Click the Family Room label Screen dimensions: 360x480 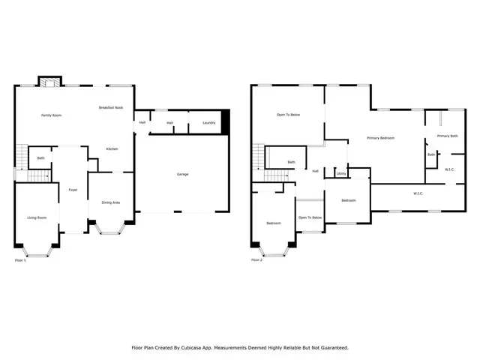click(51, 115)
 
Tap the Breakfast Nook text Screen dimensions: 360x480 click(110, 108)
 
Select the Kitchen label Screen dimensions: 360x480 click(112, 148)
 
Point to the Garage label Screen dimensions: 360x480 click(182, 174)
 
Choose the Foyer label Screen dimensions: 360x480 click(73, 190)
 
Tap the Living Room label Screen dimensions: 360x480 click(37, 217)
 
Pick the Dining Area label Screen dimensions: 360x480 click(111, 202)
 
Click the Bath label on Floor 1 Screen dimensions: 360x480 click(40, 158)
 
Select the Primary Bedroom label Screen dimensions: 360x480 click(380, 138)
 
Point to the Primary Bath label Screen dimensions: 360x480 click(448, 136)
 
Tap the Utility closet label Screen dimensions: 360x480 click(340, 173)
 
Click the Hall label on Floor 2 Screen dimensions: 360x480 click(316, 171)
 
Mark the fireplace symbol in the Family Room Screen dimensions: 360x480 click(49, 83)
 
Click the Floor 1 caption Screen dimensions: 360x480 click(20, 260)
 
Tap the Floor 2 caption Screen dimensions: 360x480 click(256, 260)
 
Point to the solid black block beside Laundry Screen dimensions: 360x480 click(226, 122)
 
